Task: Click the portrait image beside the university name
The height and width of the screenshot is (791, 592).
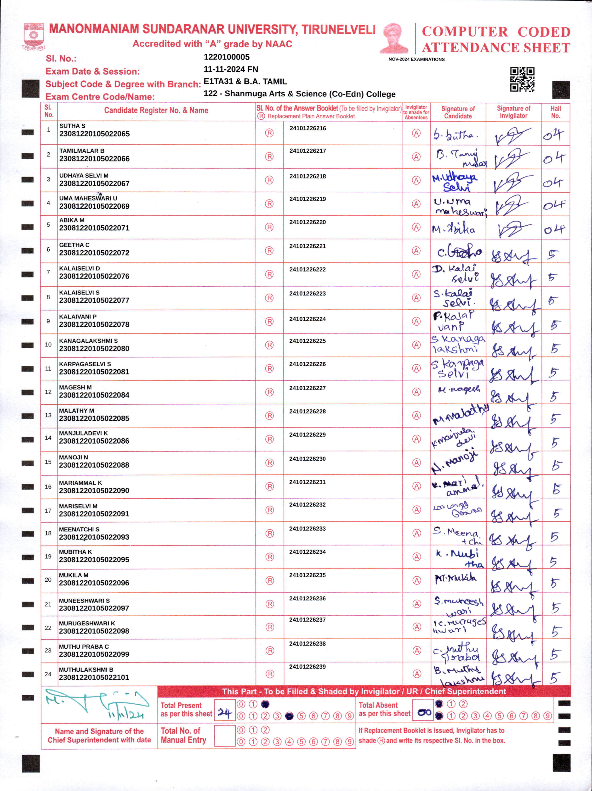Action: tap(394, 38)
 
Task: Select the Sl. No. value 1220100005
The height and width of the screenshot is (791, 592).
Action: tap(227, 57)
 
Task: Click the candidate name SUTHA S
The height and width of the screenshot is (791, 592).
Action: tap(72, 126)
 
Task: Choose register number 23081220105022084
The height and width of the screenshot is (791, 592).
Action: tap(94, 395)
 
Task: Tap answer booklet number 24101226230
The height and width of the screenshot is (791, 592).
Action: tap(307, 459)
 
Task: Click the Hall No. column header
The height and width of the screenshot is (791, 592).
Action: tap(556, 112)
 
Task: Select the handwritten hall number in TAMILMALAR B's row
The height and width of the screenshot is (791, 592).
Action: tap(554, 158)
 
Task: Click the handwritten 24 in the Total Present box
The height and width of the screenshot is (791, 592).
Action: tap(224, 713)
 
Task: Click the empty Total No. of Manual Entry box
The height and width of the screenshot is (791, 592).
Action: tap(224, 735)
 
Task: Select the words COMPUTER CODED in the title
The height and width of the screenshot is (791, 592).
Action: tap(496, 32)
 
